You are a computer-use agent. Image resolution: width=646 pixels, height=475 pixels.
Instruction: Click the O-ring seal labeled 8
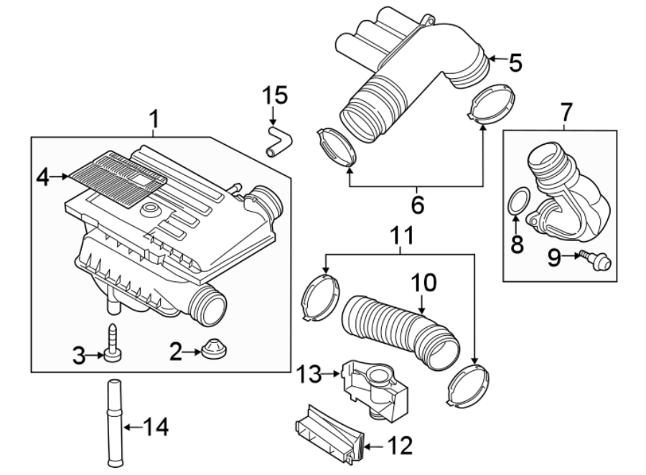520,202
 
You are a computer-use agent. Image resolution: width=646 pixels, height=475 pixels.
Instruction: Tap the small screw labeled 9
599,260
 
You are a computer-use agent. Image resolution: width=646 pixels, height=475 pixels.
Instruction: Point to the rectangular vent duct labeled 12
327,435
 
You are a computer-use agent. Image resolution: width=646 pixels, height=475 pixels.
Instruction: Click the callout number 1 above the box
154,117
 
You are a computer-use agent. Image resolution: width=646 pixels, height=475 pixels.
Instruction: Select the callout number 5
514,63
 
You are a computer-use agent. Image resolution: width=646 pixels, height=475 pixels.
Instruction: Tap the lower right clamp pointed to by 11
468,388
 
